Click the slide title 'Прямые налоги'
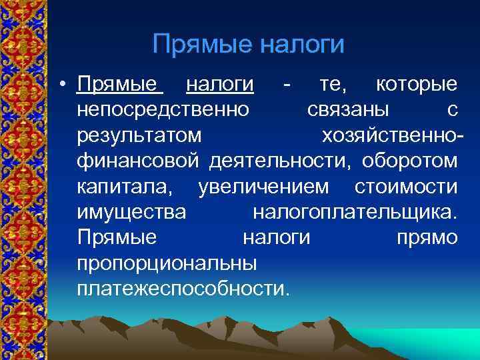click(x=248, y=45)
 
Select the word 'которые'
click(x=417, y=85)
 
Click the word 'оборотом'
click(x=411, y=161)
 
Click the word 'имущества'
click(x=131, y=213)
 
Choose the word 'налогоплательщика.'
click(x=356, y=213)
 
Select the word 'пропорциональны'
click(x=167, y=264)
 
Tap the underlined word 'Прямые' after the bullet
click(x=120, y=85)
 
